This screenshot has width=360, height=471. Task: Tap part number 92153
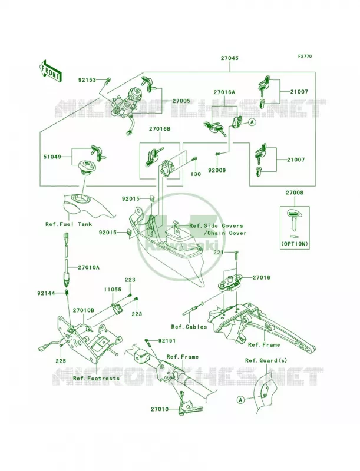(x=87, y=80)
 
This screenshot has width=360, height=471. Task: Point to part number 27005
(x=181, y=101)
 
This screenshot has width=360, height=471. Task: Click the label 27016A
(x=224, y=92)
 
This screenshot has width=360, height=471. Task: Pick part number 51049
(x=52, y=157)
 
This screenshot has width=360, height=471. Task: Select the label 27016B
(x=159, y=129)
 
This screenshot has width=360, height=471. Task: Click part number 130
(x=196, y=174)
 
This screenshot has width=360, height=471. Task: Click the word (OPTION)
(x=295, y=244)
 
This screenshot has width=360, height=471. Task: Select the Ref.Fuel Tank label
(x=69, y=224)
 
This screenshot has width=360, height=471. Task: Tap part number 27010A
(x=88, y=267)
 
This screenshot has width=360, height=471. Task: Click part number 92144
(x=47, y=293)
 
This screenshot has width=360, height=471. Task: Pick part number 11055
(x=113, y=290)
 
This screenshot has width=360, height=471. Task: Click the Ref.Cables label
(x=189, y=327)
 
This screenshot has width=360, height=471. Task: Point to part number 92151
(x=168, y=341)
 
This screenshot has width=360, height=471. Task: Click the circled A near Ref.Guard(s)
(x=240, y=400)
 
